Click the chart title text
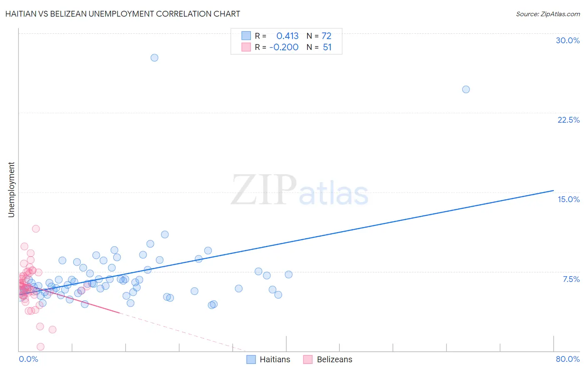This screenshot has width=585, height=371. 123,14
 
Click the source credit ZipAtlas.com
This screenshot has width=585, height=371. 548,14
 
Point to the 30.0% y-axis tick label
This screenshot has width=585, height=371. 568,40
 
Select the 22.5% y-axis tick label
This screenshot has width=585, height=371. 568,120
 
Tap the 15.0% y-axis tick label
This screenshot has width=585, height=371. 568,199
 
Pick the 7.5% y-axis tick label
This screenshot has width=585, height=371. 571,279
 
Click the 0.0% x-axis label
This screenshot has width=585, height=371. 28,359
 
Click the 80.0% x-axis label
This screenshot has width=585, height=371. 568,359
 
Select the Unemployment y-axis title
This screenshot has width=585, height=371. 11,190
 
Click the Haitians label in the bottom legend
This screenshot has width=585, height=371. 275,359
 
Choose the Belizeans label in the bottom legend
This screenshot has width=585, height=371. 334,359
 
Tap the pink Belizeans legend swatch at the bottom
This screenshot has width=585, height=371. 308,359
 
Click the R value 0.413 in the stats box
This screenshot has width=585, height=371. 288,36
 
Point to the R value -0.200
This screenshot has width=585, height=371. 284,47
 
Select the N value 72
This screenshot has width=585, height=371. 327,36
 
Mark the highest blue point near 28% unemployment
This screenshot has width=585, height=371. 154,58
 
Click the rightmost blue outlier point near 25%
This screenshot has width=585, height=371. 466,89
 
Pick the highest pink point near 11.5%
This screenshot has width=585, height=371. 36,229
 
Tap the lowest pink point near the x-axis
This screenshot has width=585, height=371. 40,346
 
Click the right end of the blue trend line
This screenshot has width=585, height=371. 553,190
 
